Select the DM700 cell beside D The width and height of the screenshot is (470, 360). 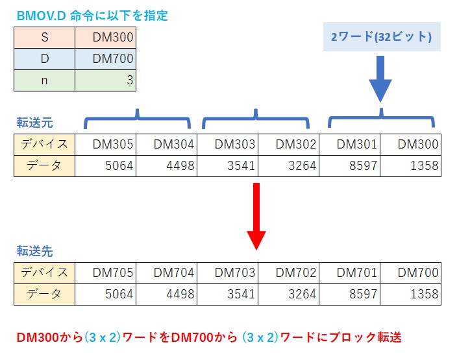(x=105, y=58)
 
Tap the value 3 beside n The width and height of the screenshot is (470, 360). (x=105, y=80)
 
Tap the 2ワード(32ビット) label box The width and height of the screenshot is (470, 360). (x=381, y=36)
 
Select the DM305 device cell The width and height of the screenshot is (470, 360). (x=106, y=144)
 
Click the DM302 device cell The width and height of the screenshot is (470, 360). (x=288, y=144)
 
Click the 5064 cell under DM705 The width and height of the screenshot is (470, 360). (x=106, y=294)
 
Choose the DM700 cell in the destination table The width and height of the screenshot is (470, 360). (x=410, y=272)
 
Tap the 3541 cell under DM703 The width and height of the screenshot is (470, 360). (x=227, y=294)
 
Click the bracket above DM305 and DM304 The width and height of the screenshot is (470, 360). (x=137, y=119)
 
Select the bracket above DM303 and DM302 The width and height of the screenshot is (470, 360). (x=257, y=119)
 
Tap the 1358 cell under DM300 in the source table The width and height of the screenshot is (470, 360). (x=410, y=165)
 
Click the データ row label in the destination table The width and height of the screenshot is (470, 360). (x=44, y=294)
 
